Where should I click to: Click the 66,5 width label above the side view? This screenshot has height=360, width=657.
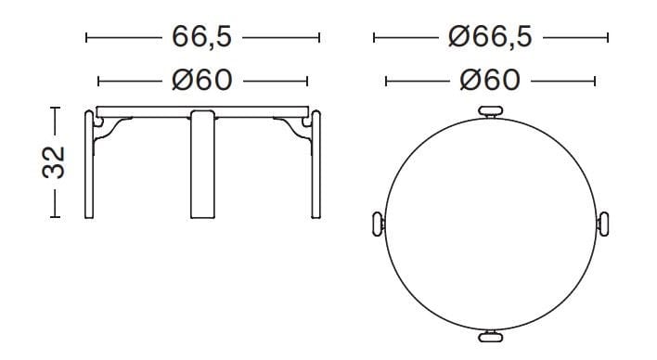coord(202,37)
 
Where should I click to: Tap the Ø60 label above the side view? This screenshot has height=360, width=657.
coord(202,81)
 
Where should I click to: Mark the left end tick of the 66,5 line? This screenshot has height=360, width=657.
coord(86,38)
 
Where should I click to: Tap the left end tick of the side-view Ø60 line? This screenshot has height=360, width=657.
coord(98,82)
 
